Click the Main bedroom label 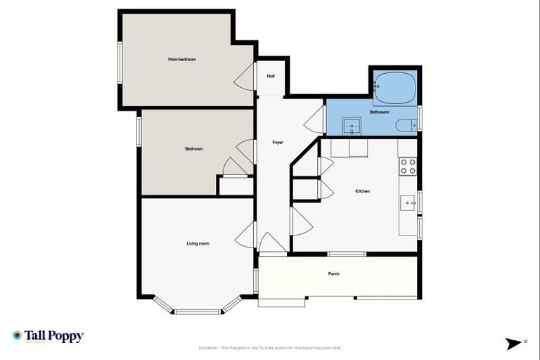point(181,60)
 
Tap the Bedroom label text point(194,148)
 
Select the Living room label point(198,243)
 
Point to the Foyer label point(278,143)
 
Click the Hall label point(270,76)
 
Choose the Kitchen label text point(362,191)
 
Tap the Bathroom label point(380,112)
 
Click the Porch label point(334,274)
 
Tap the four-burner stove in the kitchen point(408,166)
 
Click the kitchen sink point(409,203)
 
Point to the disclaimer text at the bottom point(270,347)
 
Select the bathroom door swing point(314,126)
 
